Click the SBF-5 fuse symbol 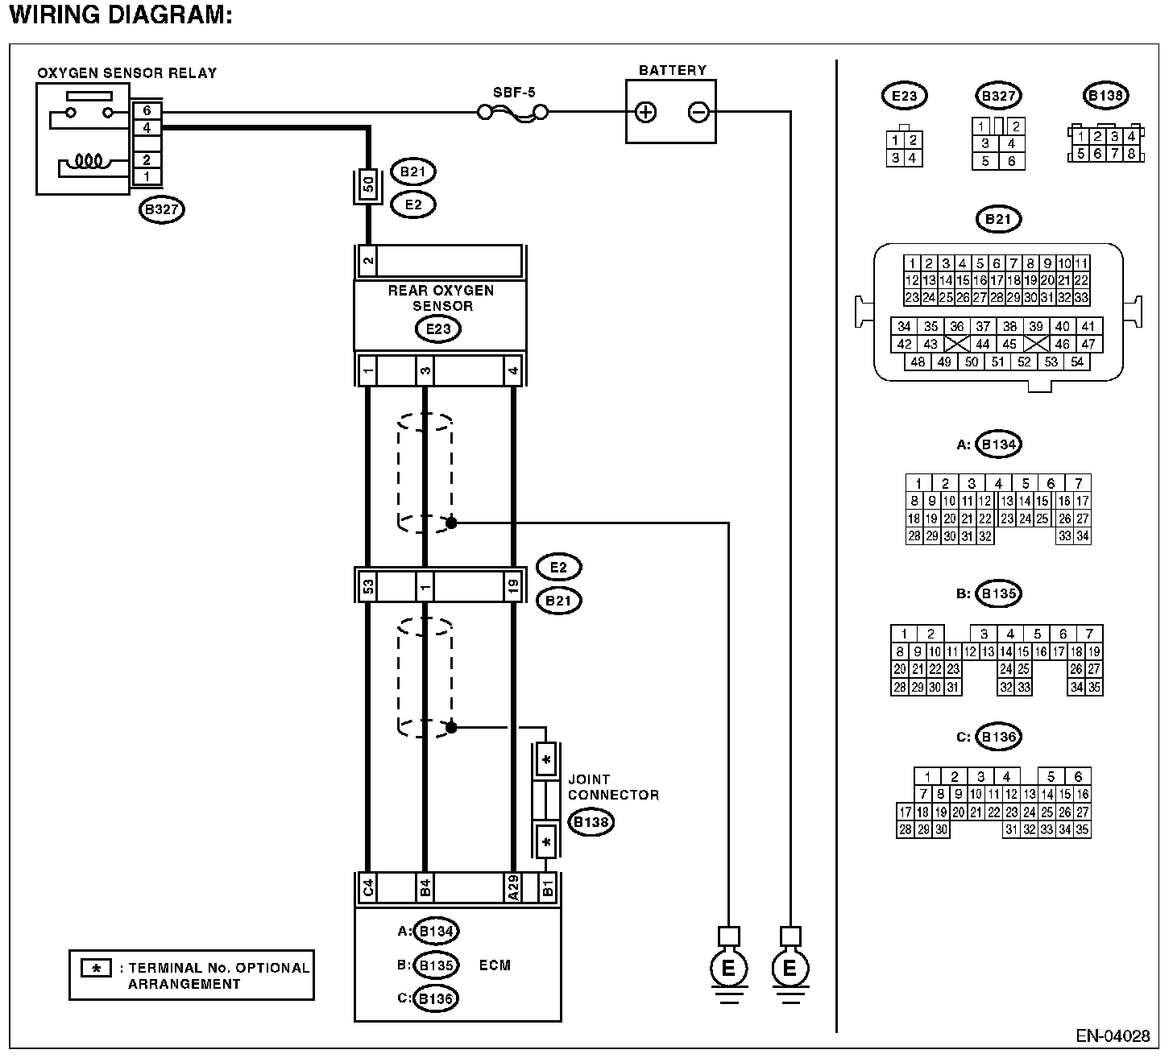click(513, 112)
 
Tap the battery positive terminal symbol click(645, 112)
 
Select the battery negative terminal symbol click(698, 112)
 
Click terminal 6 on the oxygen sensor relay click(147, 110)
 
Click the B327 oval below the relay click(161, 209)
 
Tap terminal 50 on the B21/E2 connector click(368, 184)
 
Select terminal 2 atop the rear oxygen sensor click(368, 261)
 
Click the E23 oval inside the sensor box click(438, 329)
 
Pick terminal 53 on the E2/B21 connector click(368, 585)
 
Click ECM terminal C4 click(368, 888)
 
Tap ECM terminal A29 click(513, 888)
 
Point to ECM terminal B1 click(547, 888)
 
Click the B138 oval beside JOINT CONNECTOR click(591, 822)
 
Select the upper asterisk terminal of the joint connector click(546, 760)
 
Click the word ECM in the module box click(495, 965)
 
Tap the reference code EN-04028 click(1113, 1035)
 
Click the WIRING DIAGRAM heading click(121, 14)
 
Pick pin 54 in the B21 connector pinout click(1077, 362)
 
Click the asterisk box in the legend click(97, 969)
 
